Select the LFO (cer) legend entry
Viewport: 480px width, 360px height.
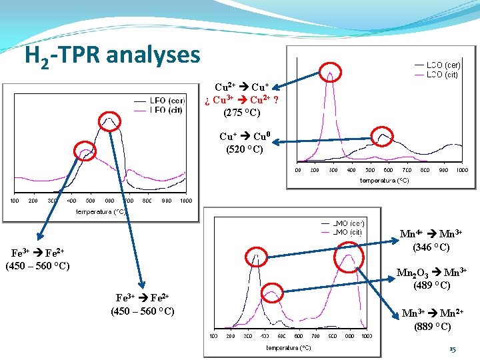point(167,101)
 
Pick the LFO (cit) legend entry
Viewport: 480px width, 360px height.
point(167,109)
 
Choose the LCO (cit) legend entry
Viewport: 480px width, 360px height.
point(443,75)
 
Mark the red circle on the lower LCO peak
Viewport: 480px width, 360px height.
point(383,137)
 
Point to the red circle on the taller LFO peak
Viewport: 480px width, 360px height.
point(109,123)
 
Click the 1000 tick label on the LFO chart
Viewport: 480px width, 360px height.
point(185,201)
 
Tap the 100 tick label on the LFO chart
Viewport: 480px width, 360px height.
point(14,201)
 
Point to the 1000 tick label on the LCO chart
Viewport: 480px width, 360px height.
point(461,170)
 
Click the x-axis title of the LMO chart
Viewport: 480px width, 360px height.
point(288,348)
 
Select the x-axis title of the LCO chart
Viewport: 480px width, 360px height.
point(384,180)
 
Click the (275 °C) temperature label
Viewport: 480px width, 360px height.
point(242,112)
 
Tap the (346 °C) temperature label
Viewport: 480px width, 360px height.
point(431,247)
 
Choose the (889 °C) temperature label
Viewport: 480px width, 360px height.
point(431,327)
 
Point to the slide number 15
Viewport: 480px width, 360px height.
point(453,349)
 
